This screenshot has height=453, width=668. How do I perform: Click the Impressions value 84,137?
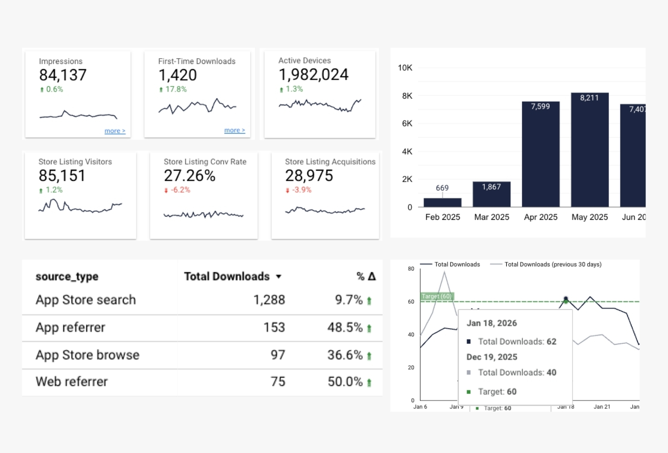[x=63, y=75]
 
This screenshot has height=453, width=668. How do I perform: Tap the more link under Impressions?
[x=115, y=131]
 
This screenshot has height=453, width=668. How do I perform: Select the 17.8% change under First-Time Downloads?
[x=176, y=89]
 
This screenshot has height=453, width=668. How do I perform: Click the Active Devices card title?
[x=304, y=61]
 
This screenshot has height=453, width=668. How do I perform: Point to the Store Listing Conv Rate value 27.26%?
[x=189, y=176]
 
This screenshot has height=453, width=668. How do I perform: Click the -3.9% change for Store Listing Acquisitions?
[x=302, y=190]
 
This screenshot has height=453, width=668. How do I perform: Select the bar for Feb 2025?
[x=442, y=202]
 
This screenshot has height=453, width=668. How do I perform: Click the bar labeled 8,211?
[x=590, y=150]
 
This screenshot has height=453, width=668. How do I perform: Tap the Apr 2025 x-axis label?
[x=541, y=217]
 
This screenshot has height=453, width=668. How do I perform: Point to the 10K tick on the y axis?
[x=405, y=68]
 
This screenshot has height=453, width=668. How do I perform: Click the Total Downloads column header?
[x=227, y=277]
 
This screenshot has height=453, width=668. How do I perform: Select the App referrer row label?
[x=71, y=328]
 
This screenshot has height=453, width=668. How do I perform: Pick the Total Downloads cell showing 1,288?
[x=269, y=300]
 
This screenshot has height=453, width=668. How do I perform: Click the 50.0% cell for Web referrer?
[x=345, y=381]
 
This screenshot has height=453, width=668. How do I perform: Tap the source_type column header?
[x=67, y=277]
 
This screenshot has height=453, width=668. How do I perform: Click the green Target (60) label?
[x=437, y=296]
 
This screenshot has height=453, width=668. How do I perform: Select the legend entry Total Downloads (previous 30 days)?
[x=553, y=264]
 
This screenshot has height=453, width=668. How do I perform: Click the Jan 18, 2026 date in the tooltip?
[x=491, y=323]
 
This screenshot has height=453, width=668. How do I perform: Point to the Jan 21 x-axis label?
[x=602, y=407]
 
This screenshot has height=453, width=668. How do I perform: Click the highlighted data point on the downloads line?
[x=566, y=299]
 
